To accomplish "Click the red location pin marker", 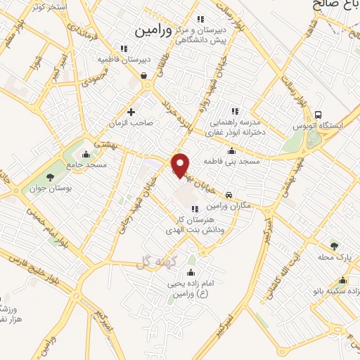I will point(181,165).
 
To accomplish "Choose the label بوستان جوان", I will point(46,188).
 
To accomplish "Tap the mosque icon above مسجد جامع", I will point(86,155).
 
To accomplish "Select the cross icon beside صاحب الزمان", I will point(131,111).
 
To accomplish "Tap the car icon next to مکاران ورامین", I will point(229,194).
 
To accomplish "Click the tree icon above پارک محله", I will point(335,246).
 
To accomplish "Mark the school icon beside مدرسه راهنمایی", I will point(235,110).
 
